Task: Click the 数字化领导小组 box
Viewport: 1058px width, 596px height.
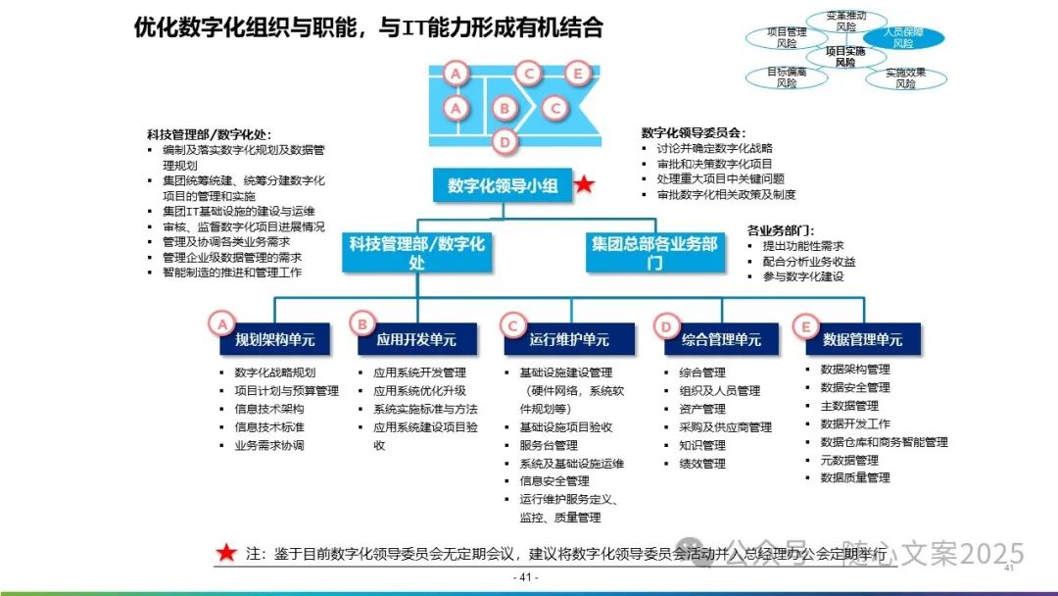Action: click(x=503, y=185)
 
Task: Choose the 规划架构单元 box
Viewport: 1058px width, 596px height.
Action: click(x=274, y=339)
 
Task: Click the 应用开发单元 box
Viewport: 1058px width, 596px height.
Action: click(x=415, y=339)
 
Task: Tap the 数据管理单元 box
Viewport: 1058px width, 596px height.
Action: click(x=862, y=339)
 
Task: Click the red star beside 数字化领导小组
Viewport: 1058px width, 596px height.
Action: click(x=584, y=184)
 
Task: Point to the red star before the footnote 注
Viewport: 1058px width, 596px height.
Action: click(x=226, y=553)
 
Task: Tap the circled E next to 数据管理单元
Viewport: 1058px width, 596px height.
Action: click(x=806, y=323)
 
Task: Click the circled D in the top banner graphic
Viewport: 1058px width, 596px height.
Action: click(x=505, y=142)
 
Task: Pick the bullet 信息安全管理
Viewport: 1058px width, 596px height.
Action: click(x=553, y=481)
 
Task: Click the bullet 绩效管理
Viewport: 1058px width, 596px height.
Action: click(x=701, y=464)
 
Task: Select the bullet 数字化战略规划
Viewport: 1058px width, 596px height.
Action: click(x=275, y=372)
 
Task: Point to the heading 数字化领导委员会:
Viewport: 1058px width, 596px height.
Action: click(x=694, y=132)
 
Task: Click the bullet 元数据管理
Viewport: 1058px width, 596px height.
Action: click(x=848, y=460)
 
